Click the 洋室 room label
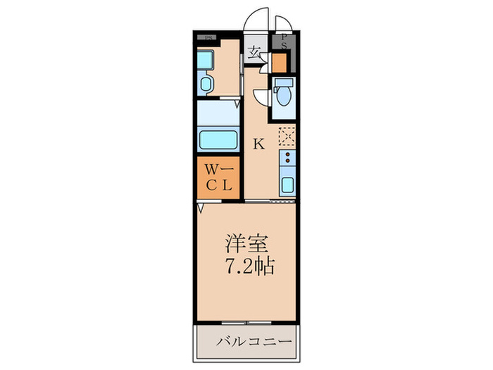pyautogui.click(x=246, y=245)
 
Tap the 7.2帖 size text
pyautogui.click(x=249, y=268)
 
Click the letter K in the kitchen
pyautogui.click(x=258, y=144)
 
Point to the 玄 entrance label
pyautogui.click(x=254, y=52)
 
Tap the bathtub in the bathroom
pyautogui.click(x=218, y=138)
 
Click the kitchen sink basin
pyautogui.click(x=287, y=185)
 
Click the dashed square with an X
pyautogui.click(x=287, y=135)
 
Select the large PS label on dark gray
pyautogui.click(x=282, y=42)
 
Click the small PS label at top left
pyautogui.click(x=208, y=37)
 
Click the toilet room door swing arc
pyautogui.click(x=261, y=97)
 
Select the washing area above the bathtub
pyautogui.click(x=218, y=113)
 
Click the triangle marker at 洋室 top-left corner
pyautogui.click(x=201, y=208)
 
